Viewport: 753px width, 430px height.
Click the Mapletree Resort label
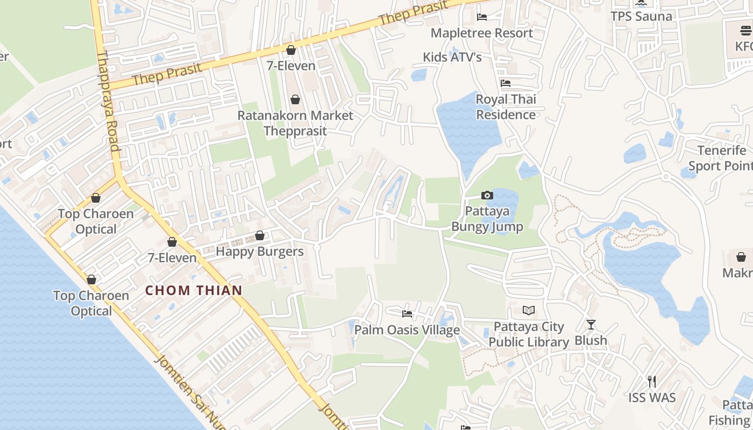(x=481, y=33)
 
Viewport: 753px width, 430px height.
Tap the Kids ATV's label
(x=452, y=57)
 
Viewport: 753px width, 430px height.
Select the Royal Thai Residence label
(x=506, y=107)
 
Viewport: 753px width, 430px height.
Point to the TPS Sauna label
(x=641, y=16)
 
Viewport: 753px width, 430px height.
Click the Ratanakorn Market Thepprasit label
(x=295, y=123)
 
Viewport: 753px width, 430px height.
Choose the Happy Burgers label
(x=259, y=252)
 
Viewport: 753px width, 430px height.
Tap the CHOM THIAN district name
(x=194, y=290)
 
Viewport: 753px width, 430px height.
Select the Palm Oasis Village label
(x=407, y=330)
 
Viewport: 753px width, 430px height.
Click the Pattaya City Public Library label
(x=529, y=334)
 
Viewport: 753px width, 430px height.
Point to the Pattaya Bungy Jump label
(x=487, y=219)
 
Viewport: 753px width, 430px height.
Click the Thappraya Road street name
(x=108, y=102)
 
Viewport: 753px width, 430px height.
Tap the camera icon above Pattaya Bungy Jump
(x=487, y=196)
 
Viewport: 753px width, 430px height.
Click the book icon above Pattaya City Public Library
(x=529, y=310)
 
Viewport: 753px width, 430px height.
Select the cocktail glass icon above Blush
(x=591, y=324)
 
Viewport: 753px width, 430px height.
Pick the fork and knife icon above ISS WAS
(x=652, y=382)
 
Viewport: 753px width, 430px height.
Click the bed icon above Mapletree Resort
(x=482, y=17)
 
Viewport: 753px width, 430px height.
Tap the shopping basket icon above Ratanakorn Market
(x=295, y=99)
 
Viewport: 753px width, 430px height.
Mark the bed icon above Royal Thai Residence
(x=506, y=83)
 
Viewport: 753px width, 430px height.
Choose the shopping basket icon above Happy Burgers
(x=260, y=235)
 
